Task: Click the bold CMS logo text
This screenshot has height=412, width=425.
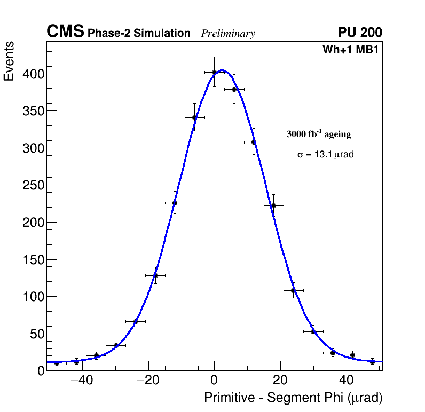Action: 65,32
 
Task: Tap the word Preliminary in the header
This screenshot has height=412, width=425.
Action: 228,34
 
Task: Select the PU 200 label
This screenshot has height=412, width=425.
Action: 360,33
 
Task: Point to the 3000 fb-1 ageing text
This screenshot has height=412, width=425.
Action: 319,134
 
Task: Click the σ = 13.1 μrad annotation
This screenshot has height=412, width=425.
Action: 326,155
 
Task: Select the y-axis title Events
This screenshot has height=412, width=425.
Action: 9,62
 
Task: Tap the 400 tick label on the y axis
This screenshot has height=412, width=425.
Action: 33,74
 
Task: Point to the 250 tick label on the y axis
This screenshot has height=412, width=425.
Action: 33,185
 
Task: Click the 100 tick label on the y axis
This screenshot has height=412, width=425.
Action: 33,297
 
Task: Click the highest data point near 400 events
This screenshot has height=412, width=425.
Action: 214,72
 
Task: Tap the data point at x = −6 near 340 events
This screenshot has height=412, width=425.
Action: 194,117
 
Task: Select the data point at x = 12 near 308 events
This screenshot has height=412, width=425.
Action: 254,142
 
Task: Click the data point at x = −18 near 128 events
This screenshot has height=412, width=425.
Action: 155,275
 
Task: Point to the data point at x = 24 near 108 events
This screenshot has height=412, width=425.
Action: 293,290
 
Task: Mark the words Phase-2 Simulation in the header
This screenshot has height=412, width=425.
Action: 139,34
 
